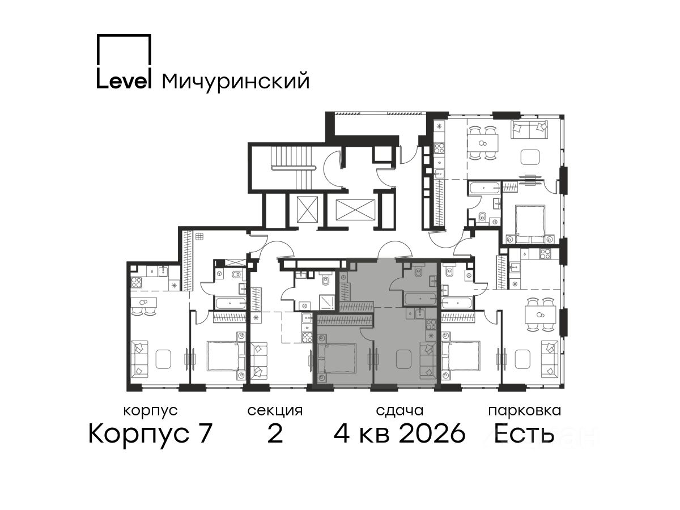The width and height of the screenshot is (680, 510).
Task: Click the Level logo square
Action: click(124, 35)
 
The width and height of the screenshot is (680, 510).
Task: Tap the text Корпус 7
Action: click(150, 434)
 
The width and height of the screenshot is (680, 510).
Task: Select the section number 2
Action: click(275, 434)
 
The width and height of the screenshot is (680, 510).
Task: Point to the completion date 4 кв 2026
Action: click(399, 434)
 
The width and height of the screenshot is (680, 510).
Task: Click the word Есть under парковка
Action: click(524, 434)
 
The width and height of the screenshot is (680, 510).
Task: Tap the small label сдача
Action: click(399, 411)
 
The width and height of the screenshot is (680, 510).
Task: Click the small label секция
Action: click(275, 411)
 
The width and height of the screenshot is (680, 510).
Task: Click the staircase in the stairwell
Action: click(292, 168)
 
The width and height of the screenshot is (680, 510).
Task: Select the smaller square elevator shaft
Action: click(307, 209)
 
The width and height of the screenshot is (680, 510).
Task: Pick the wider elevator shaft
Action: click(355, 210)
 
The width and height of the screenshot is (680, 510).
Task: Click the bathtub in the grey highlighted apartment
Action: click(420, 299)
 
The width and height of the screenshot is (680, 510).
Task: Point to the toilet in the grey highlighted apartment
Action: click(418, 271)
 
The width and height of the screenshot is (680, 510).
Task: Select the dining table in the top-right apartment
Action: click(482, 143)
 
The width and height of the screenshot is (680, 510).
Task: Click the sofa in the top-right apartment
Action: click(529, 130)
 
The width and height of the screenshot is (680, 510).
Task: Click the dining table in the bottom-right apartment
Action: click(539, 315)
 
